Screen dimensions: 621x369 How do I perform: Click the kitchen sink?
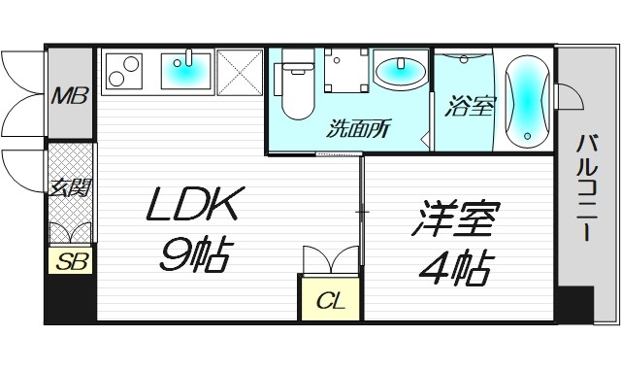(x=185, y=70)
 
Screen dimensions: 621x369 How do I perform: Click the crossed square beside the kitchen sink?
(x=239, y=72)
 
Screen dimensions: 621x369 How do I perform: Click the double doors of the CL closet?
(x=331, y=261)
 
